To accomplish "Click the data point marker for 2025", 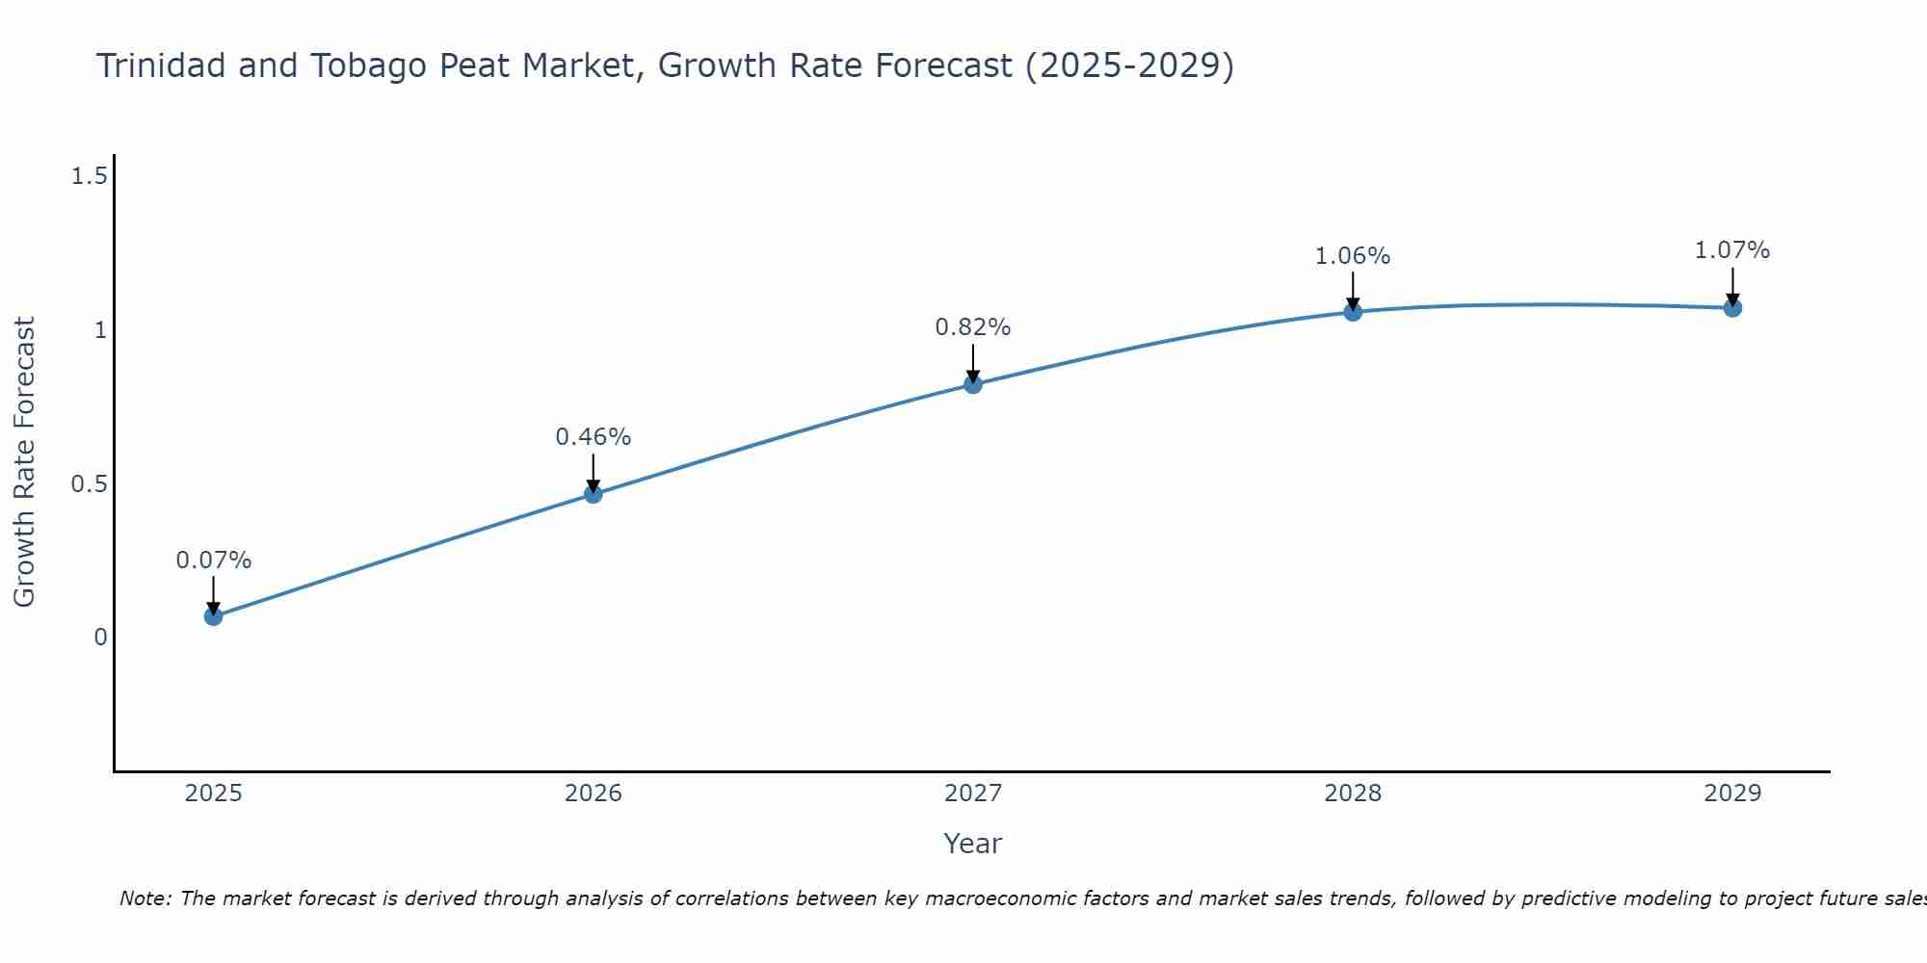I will click(214, 616).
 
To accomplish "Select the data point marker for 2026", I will click(594, 494).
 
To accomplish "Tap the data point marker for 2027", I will click(973, 384).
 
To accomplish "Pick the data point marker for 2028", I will click(1353, 312).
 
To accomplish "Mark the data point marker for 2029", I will click(1732, 308).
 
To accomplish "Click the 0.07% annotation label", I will click(214, 560).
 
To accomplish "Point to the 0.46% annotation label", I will click(594, 437).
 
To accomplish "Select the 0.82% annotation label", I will click(973, 327).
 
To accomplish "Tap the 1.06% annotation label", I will click(1353, 256).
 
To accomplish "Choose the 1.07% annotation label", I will click(1732, 250).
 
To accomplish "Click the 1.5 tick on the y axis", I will click(89, 176).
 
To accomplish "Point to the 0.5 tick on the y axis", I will click(89, 483).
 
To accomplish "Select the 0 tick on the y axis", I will click(100, 638).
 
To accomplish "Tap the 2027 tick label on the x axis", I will click(973, 794).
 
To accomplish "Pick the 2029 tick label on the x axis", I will click(1732, 794).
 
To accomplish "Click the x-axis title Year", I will click(973, 844).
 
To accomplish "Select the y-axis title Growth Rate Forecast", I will click(25, 462).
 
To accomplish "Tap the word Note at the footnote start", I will click(145, 898).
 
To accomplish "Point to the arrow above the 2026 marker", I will click(594, 472).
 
